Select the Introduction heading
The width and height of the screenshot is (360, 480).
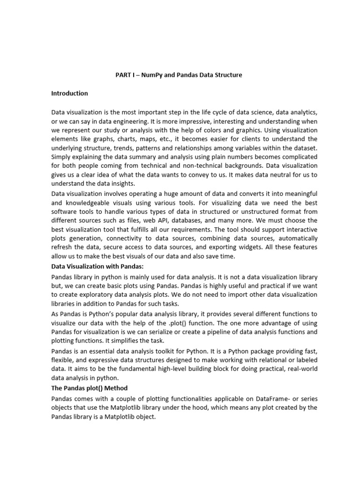(x=69, y=93)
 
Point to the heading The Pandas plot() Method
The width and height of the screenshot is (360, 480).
(x=89, y=388)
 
